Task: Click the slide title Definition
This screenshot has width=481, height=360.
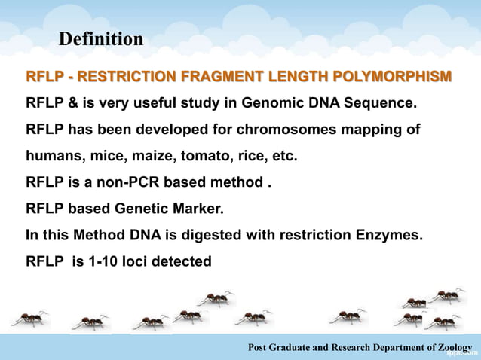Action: [x=101, y=38]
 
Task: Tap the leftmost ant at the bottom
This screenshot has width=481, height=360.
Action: [x=30, y=317]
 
